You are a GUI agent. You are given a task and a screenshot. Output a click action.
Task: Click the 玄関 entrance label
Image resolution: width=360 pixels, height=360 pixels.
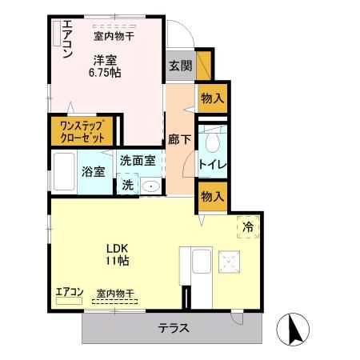click(180, 66)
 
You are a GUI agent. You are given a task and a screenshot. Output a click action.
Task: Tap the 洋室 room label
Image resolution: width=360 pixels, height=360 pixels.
click(105, 58)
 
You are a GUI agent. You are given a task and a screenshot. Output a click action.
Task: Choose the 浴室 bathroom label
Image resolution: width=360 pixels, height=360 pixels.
click(94, 171)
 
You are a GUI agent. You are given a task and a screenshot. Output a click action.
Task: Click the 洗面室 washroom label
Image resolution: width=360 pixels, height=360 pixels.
click(138, 158)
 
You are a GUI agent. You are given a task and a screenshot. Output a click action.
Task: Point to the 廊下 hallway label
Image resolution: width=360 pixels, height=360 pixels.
click(178, 137)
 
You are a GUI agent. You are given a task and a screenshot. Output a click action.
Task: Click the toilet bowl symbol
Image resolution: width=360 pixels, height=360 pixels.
click(212, 142)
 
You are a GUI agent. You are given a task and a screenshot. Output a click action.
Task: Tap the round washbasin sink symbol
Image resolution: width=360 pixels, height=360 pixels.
click(150, 186)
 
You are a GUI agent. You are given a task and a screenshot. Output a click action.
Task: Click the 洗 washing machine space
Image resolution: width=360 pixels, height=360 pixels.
click(128, 185)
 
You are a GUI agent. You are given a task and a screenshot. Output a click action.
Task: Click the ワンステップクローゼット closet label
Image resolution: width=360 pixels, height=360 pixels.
click(82, 131)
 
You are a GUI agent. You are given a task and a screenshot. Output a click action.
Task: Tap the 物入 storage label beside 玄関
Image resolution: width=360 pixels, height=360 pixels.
click(212, 98)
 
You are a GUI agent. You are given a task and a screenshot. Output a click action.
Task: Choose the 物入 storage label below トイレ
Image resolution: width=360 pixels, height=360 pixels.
click(212, 196)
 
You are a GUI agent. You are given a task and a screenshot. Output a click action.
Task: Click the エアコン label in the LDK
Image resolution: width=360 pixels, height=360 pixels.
click(69, 292)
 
